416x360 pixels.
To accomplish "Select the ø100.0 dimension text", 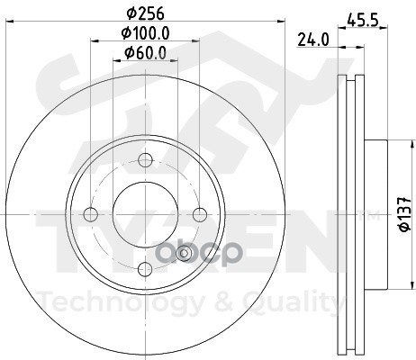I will point(145,34).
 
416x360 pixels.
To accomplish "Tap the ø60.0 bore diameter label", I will point(145,53).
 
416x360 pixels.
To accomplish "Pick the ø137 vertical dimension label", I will point(403,215).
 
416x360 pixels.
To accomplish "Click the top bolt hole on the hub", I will point(145,160).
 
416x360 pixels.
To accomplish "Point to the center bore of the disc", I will point(145,213).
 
